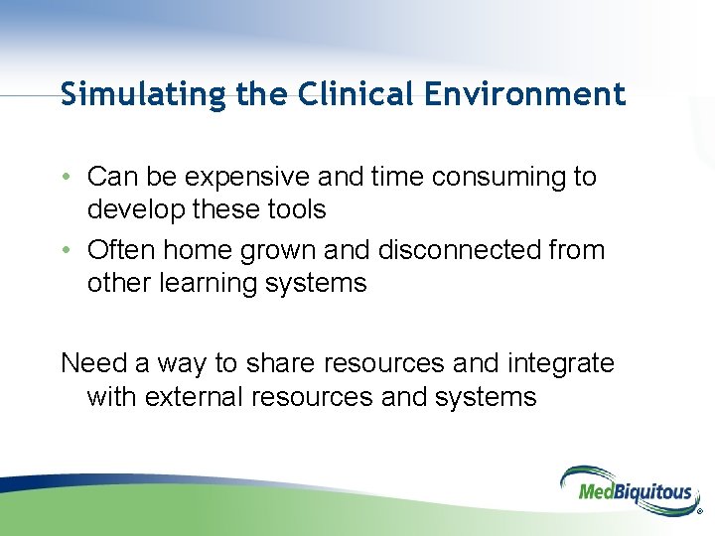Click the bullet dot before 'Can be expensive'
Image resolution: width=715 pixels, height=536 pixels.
pyautogui.click(x=66, y=178)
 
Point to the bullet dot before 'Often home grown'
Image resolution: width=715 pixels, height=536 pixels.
pyautogui.click(x=66, y=251)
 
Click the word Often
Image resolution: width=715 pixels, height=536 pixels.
pyautogui.click(x=122, y=250)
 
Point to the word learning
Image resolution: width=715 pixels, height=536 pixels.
pyautogui.click(x=203, y=284)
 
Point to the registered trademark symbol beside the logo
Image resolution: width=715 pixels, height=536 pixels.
pyautogui.click(x=699, y=514)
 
